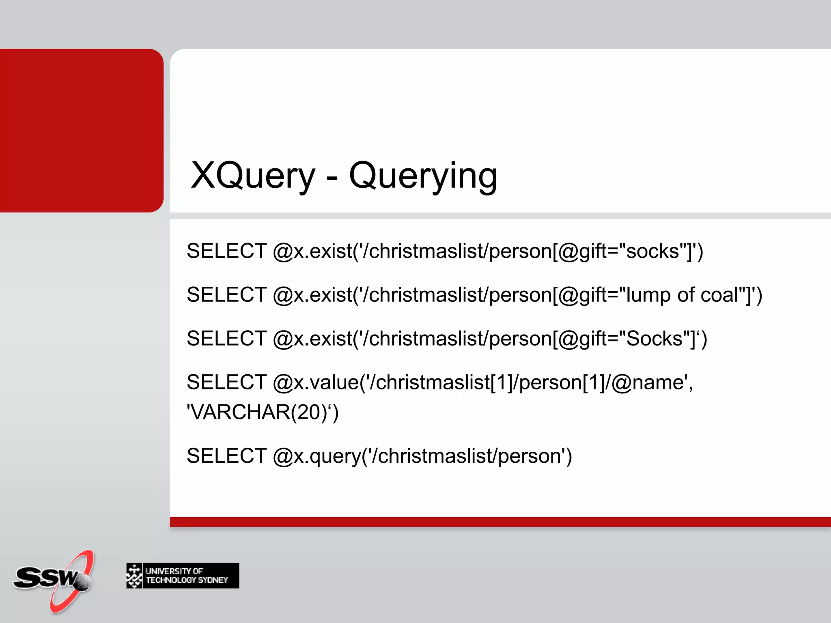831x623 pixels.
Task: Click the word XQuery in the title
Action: click(252, 175)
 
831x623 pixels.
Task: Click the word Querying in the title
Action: click(423, 176)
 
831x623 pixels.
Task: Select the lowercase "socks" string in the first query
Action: click(652, 251)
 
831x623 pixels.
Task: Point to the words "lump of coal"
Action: click(682, 294)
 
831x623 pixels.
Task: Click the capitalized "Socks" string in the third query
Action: click(654, 338)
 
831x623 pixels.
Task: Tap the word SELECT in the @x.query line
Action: click(226, 455)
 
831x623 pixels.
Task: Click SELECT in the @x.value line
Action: click(226, 382)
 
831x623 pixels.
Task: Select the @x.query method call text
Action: click(316, 456)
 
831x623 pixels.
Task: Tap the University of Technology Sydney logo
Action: click(183, 576)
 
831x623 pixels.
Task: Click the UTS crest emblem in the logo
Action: click(134, 576)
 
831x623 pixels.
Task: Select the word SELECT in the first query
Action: click(226, 251)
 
